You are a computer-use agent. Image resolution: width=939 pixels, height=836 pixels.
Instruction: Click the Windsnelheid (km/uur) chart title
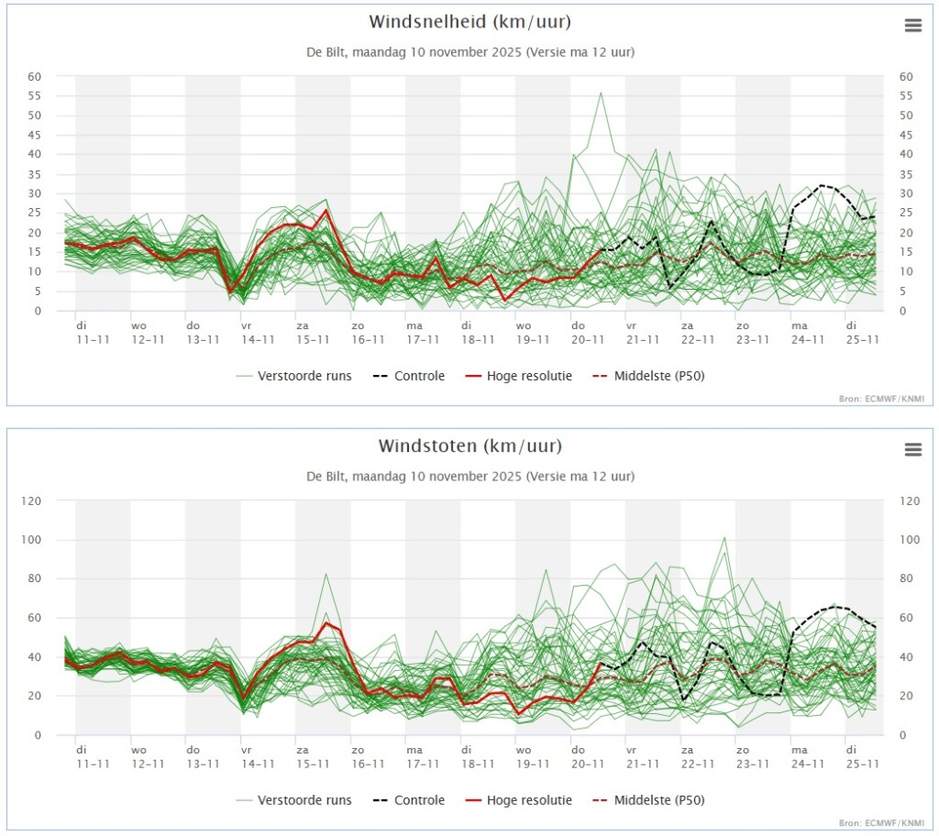point(470,22)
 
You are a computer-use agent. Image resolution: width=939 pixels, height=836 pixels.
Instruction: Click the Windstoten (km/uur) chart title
point(470,446)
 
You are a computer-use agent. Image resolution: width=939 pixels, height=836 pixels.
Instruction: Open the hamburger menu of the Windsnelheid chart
point(912,25)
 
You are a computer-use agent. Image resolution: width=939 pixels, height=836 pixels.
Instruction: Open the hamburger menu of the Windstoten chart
point(912,449)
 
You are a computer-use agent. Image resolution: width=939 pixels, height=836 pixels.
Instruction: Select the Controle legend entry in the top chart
point(408,376)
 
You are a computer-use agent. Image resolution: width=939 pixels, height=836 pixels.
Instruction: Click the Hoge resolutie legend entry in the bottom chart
point(519,800)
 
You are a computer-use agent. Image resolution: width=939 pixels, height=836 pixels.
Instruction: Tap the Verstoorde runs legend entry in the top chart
point(293,376)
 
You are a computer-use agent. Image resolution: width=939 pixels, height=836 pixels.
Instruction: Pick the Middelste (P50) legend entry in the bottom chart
point(648,800)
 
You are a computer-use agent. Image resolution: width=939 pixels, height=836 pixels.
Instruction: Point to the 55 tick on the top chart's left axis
point(34,96)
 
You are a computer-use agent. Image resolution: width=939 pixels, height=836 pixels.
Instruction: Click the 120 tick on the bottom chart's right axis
point(910,500)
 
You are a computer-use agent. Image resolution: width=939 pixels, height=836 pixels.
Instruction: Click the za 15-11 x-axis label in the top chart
point(313,333)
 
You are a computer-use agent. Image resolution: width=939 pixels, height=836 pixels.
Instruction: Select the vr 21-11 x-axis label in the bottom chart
point(643,756)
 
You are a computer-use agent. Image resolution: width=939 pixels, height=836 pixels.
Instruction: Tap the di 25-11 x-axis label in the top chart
point(862,333)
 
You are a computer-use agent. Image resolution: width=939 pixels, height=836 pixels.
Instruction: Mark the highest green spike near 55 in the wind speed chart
point(601,93)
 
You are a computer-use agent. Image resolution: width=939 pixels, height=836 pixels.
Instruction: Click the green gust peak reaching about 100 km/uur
point(724,538)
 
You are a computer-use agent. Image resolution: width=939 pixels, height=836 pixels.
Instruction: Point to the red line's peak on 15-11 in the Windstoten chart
point(326,622)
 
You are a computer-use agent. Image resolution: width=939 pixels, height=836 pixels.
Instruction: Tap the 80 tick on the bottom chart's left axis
point(34,578)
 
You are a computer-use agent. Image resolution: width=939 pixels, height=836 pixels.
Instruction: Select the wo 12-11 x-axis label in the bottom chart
point(148,756)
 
